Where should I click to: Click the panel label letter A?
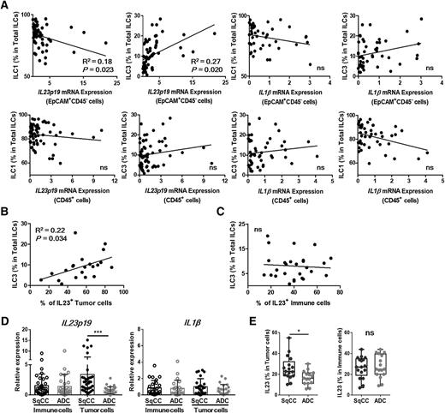pos(5,6)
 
